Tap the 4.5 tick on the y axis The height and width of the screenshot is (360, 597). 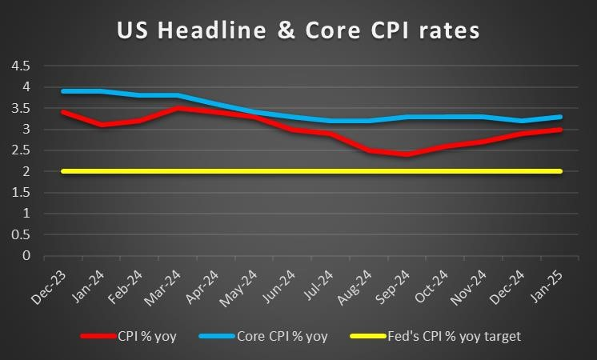21,66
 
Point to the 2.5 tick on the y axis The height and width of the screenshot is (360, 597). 21,150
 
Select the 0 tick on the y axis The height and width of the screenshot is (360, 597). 26,256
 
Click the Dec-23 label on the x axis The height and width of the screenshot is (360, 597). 53,282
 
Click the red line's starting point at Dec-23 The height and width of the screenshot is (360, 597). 63,112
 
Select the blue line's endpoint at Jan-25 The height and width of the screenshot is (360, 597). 559,117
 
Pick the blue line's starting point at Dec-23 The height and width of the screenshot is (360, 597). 63,91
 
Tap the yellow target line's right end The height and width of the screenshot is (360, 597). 559,171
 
